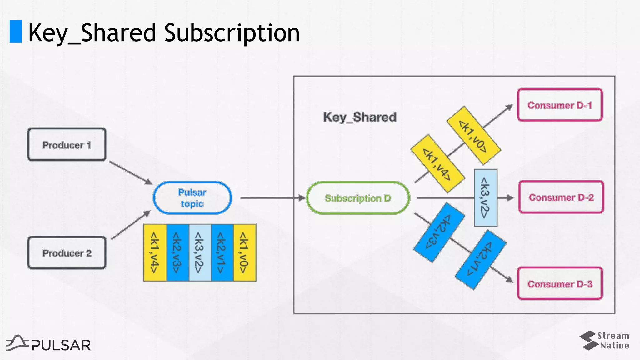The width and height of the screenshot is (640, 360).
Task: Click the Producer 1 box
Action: tap(67, 145)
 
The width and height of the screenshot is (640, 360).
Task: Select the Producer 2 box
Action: tap(67, 253)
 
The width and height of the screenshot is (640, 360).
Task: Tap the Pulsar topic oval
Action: tap(192, 198)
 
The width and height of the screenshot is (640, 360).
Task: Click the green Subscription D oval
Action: tap(358, 198)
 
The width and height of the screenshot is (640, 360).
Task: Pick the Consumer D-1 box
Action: tap(560, 105)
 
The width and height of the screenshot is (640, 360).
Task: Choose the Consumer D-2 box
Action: tap(561, 197)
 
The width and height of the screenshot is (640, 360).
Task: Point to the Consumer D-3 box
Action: tap(560, 284)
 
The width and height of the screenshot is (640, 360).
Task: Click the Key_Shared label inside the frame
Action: tap(360, 117)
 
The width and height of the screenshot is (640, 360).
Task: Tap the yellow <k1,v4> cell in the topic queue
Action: tap(155, 253)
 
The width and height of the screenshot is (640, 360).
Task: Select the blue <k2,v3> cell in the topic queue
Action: tap(177, 253)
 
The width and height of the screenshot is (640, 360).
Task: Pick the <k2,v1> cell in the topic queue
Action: tap(222, 253)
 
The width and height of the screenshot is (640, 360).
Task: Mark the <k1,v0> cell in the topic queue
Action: tap(245, 253)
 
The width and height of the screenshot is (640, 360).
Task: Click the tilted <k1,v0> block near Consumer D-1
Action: tap(474, 135)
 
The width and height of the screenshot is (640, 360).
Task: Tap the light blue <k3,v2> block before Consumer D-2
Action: tap(485, 197)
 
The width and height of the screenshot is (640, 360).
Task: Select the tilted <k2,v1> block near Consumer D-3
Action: tap(481, 260)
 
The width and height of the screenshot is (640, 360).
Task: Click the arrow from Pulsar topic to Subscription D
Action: tap(272, 198)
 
